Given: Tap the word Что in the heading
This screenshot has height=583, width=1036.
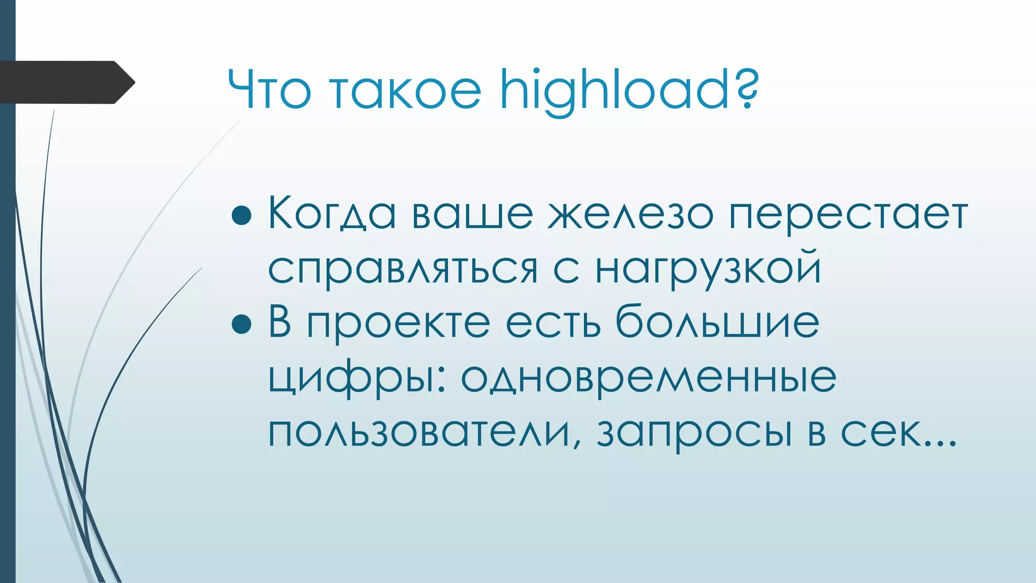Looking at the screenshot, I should [x=269, y=91].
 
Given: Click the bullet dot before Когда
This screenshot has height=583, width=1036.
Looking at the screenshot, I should [x=241, y=215].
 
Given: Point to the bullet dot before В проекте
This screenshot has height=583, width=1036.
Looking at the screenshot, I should [x=241, y=324].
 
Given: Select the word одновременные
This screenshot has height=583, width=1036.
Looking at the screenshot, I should [x=648, y=378].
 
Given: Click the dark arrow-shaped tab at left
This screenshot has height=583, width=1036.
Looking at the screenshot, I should [x=66, y=82].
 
